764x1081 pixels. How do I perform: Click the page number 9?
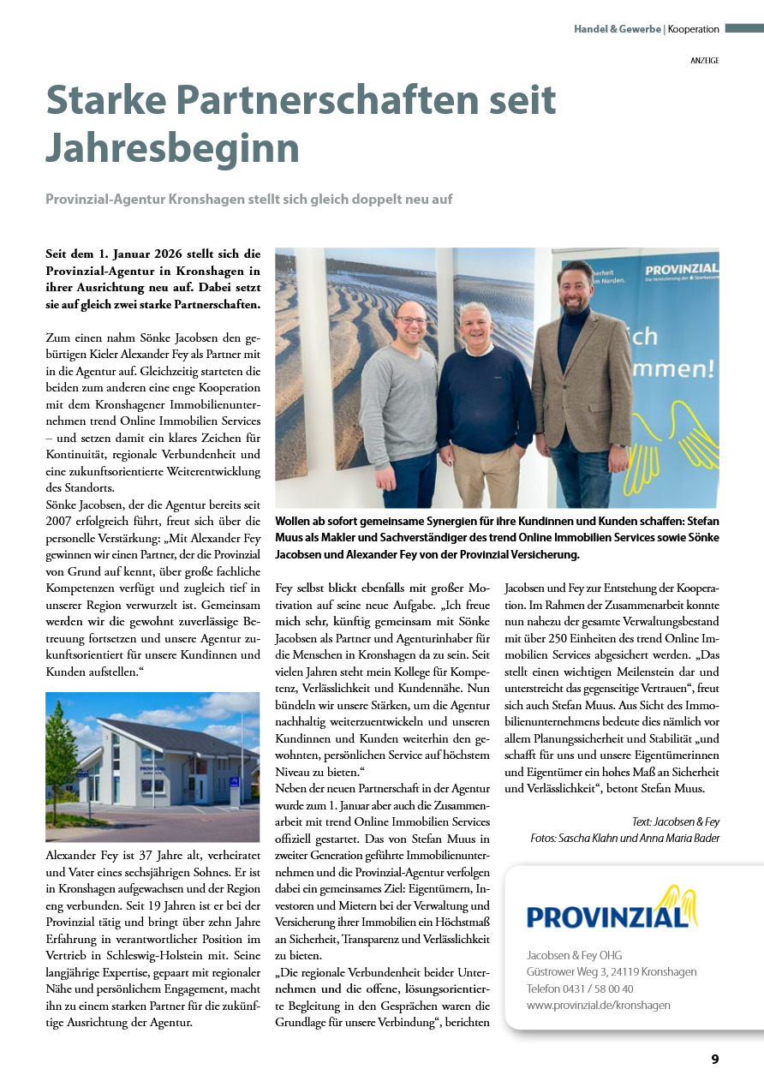click(714, 1059)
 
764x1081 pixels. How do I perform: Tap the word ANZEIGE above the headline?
click(705, 61)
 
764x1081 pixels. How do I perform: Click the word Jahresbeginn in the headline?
click(172, 147)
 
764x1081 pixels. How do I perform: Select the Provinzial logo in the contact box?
click(612, 910)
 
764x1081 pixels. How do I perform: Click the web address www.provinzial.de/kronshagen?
click(599, 1005)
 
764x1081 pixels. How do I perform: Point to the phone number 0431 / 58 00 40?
click(580, 988)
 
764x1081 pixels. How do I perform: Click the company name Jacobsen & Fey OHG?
click(574, 955)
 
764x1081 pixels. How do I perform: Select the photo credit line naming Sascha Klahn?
click(624, 838)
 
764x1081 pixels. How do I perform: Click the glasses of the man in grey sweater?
click(412, 320)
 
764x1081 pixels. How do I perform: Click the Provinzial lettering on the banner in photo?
click(681, 271)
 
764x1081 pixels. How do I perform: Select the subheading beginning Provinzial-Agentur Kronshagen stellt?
click(248, 199)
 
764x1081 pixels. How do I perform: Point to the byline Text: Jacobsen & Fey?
click(676, 821)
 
